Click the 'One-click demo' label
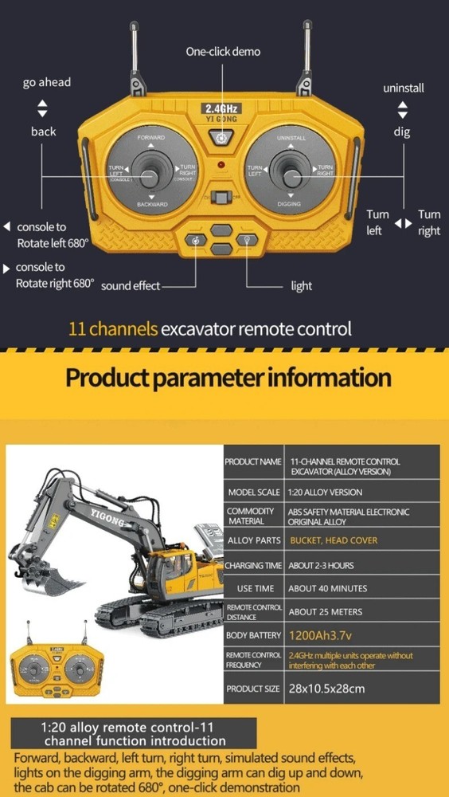point(223,52)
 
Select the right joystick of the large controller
point(290,170)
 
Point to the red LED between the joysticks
point(222,166)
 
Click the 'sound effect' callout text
point(131,286)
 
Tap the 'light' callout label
point(302,286)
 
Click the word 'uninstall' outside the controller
point(403,88)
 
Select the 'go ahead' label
point(47,82)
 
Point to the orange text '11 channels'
point(113,328)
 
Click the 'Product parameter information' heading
point(228,377)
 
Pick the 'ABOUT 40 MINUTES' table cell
point(328,588)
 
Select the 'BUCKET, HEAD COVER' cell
point(333,540)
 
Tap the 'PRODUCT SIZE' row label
point(253,688)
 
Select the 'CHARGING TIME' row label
point(253,565)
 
